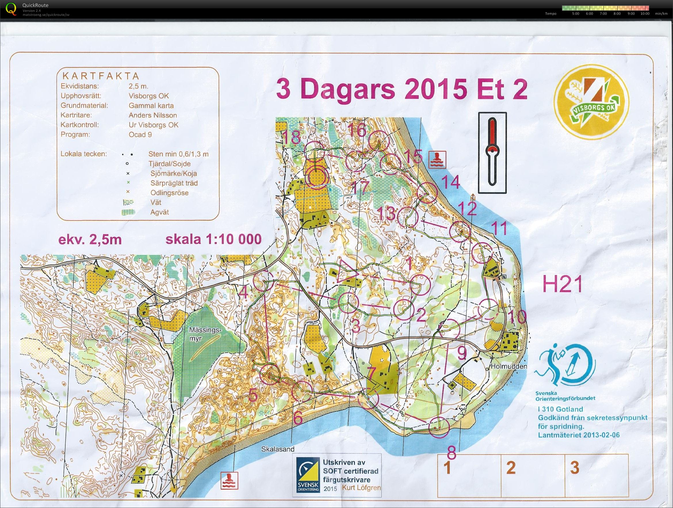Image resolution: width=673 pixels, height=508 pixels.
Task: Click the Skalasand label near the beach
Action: [278, 449]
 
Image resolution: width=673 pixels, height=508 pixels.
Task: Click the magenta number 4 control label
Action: [244, 293]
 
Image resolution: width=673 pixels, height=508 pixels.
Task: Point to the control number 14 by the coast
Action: [450, 183]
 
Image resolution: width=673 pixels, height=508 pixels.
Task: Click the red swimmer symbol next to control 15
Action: [437, 159]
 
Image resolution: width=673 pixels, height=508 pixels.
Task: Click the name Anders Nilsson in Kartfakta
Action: [152, 115]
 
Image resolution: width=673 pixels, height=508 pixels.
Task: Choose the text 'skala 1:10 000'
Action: [213, 239]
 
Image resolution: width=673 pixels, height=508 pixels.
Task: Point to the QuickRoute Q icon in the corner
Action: [11, 8]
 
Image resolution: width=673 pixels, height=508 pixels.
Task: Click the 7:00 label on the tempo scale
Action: [603, 14]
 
